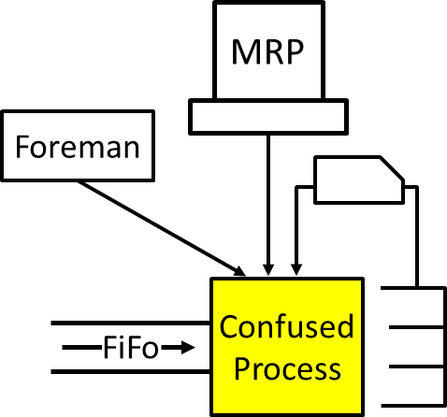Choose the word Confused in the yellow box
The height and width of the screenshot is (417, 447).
[x=286, y=327]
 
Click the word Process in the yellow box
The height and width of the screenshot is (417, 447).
[x=286, y=369]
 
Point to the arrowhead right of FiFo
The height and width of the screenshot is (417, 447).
[x=189, y=349]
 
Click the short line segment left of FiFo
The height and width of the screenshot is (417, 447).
[x=80, y=349]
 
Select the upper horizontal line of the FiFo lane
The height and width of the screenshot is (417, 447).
[x=131, y=323]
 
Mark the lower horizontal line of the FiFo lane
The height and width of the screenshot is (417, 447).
[x=131, y=373]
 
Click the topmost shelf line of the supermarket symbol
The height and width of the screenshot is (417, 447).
[x=411, y=288]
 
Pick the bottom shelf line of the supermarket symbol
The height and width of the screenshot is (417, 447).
[x=411, y=403]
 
